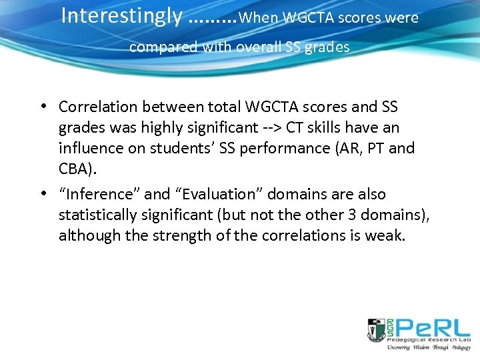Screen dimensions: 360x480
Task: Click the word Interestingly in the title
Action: [121, 15]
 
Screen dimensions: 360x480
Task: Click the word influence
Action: [89, 148]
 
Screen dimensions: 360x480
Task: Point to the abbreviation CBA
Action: [75, 169]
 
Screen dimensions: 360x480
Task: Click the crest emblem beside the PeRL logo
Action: [377, 330]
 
